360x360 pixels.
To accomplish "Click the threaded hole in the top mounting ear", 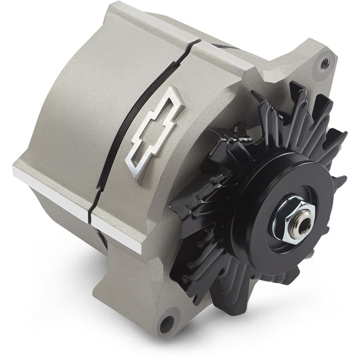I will click(x=325, y=63).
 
